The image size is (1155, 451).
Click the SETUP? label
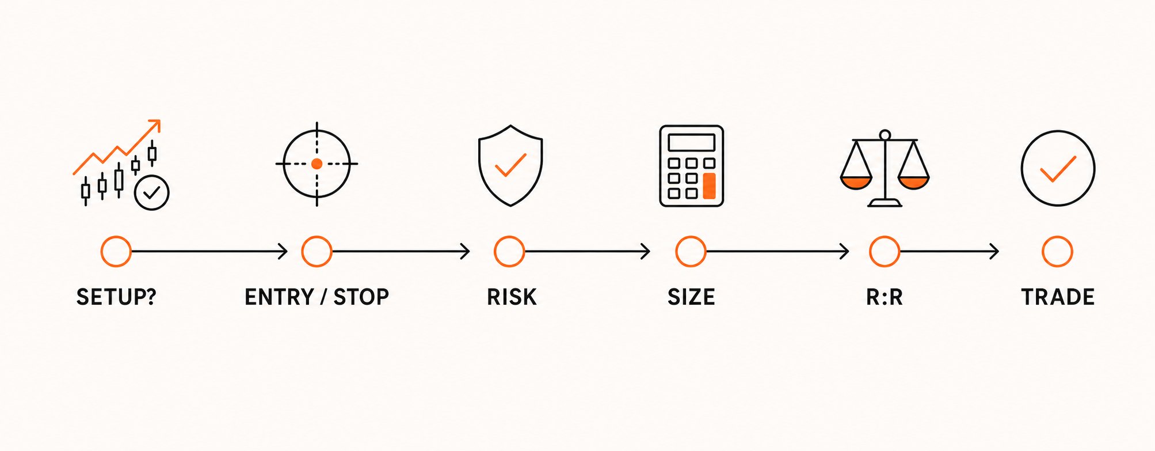(116, 297)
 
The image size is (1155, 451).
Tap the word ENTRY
(279, 297)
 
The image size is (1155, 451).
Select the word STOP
(361, 297)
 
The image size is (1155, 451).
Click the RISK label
(512, 297)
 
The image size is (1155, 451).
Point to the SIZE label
(691, 297)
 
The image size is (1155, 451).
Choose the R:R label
(885, 297)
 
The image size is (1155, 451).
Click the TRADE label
(1058, 297)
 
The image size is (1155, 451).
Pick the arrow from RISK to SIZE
(588, 252)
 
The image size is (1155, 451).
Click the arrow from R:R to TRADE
(950, 252)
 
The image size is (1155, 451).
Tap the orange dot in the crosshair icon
(317, 164)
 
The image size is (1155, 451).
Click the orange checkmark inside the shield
(510, 165)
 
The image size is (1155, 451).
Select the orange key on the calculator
(709, 185)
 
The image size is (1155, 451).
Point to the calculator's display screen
(691, 142)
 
